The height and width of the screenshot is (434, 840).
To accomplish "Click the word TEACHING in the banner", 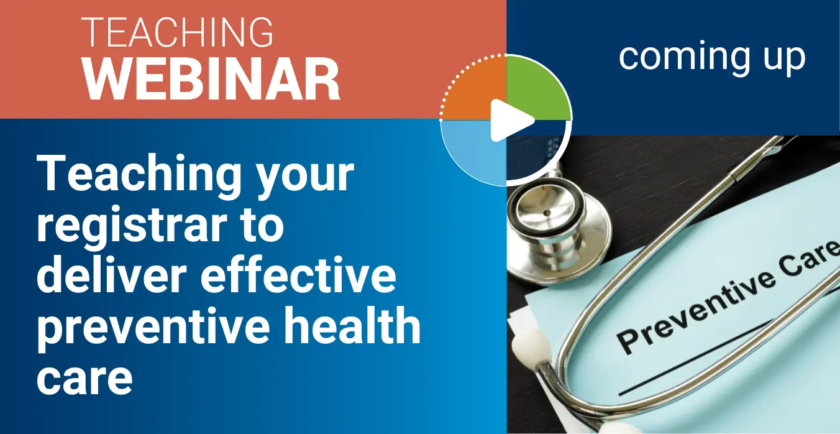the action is [x=177, y=32].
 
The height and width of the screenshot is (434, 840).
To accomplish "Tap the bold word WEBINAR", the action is [x=211, y=80].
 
